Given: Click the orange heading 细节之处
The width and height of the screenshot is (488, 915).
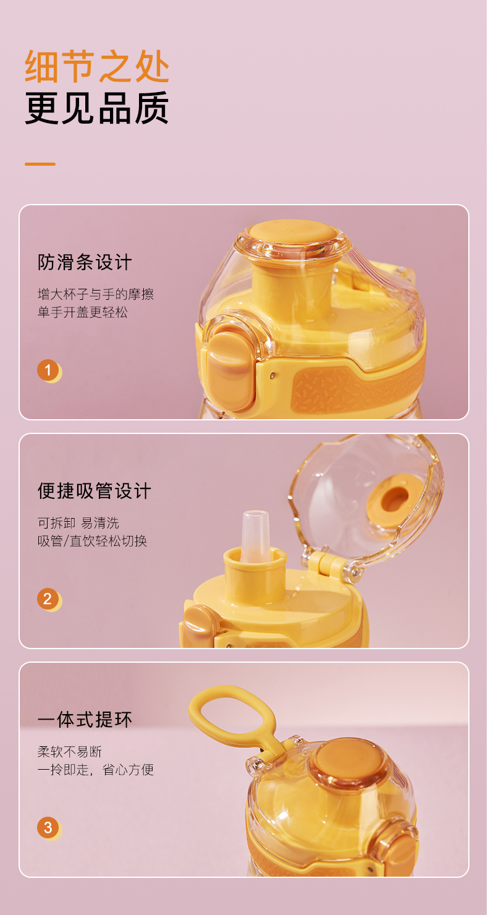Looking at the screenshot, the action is (x=97, y=67).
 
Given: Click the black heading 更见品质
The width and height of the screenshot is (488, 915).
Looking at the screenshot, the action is (x=97, y=108).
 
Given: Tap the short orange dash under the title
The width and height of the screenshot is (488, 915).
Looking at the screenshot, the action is (x=40, y=164).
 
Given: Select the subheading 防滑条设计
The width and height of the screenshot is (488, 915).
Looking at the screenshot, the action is (x=85, y=262).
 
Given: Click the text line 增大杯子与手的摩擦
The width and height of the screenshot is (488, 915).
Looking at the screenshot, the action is (x=96, y=294).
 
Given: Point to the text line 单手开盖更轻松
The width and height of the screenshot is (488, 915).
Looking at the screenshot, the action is (x=82, y=312).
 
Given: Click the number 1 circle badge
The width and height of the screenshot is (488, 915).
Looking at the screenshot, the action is (x=48, y=370).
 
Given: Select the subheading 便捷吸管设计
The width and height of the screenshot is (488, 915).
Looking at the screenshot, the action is (x=95, y=491).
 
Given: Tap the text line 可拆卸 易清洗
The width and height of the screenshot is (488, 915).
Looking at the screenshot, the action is (x=78, y=523).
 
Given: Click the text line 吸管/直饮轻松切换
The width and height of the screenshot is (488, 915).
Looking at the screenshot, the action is (x=92, y=541).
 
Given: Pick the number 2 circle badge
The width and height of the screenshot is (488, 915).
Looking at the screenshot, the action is (x=48, y=599).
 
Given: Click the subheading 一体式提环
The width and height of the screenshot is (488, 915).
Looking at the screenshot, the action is (x=85, y=720).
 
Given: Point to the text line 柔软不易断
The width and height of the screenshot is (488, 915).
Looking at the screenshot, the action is (x=69, y=752).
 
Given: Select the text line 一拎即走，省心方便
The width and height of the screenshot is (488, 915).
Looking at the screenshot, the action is (x=96, y=770).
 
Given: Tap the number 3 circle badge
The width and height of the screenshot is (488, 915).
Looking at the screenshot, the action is (x=48, y=828).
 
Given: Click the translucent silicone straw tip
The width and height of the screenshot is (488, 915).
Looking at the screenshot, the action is (x=255, y=535).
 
